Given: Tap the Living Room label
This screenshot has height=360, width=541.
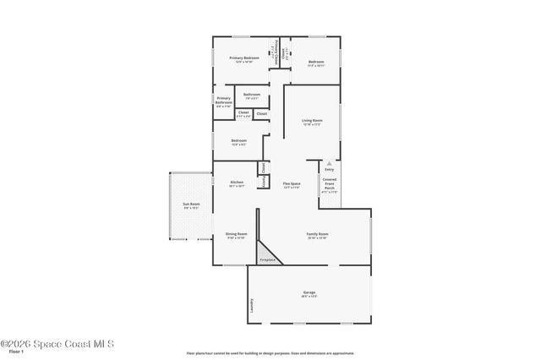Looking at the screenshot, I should pyautogui.click(x=312, y=121).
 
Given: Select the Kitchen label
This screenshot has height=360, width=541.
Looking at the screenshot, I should pyautogui.click(x=237, y=183).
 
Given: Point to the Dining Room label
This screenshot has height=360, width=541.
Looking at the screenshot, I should pyautogui.click(x=236, y=235).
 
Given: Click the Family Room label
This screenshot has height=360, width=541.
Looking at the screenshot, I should pyautogui.click(x=317, y=234).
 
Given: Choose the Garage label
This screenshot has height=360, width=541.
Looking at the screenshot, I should pyautogui.click(x=309, y=292).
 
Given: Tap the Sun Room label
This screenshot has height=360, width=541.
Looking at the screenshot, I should pyautogui.click(x=192, y=204).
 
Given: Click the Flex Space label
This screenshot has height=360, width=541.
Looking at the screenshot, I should pyautogui.click(x=292, y=183).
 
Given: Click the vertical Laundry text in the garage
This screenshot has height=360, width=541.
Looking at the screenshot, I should pyautogui.click(x=251, y=305).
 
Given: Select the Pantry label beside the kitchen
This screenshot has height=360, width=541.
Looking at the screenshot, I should pyautogui.click(x=264, y=182).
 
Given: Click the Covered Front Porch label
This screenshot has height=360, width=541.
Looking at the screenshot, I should pyautogui.click(x=330, y=184).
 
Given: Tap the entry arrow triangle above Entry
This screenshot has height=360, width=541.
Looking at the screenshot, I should pyautogui.click(x=330, y=162).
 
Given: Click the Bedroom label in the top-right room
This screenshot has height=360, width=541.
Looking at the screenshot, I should pyautogui.click(x=316, y=62).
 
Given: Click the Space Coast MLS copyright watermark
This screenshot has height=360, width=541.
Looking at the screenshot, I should pyautogui.click(x=57, y=344).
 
